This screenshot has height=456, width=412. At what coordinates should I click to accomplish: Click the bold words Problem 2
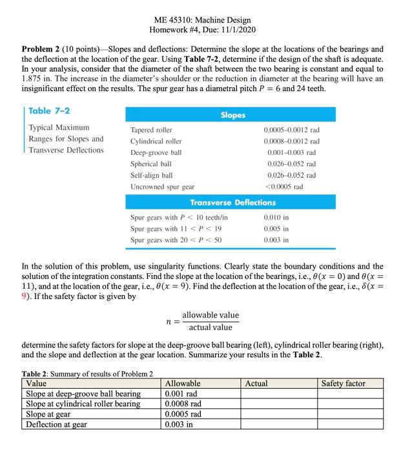[44, 49]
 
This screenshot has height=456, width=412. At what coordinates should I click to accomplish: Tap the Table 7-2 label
[49, 110]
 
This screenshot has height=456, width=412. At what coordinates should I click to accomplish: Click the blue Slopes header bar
[233, 115]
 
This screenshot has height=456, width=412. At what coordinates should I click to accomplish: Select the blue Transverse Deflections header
[233, 203]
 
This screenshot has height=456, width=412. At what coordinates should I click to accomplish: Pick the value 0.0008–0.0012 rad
[292, 141]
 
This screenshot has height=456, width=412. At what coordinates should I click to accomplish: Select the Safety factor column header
[343, 384]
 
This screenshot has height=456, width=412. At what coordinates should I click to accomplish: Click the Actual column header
[257, 384]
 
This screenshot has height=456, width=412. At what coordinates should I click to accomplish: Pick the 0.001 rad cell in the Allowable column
[181, 393]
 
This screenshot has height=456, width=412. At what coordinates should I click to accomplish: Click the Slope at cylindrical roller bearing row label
[83, 404]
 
